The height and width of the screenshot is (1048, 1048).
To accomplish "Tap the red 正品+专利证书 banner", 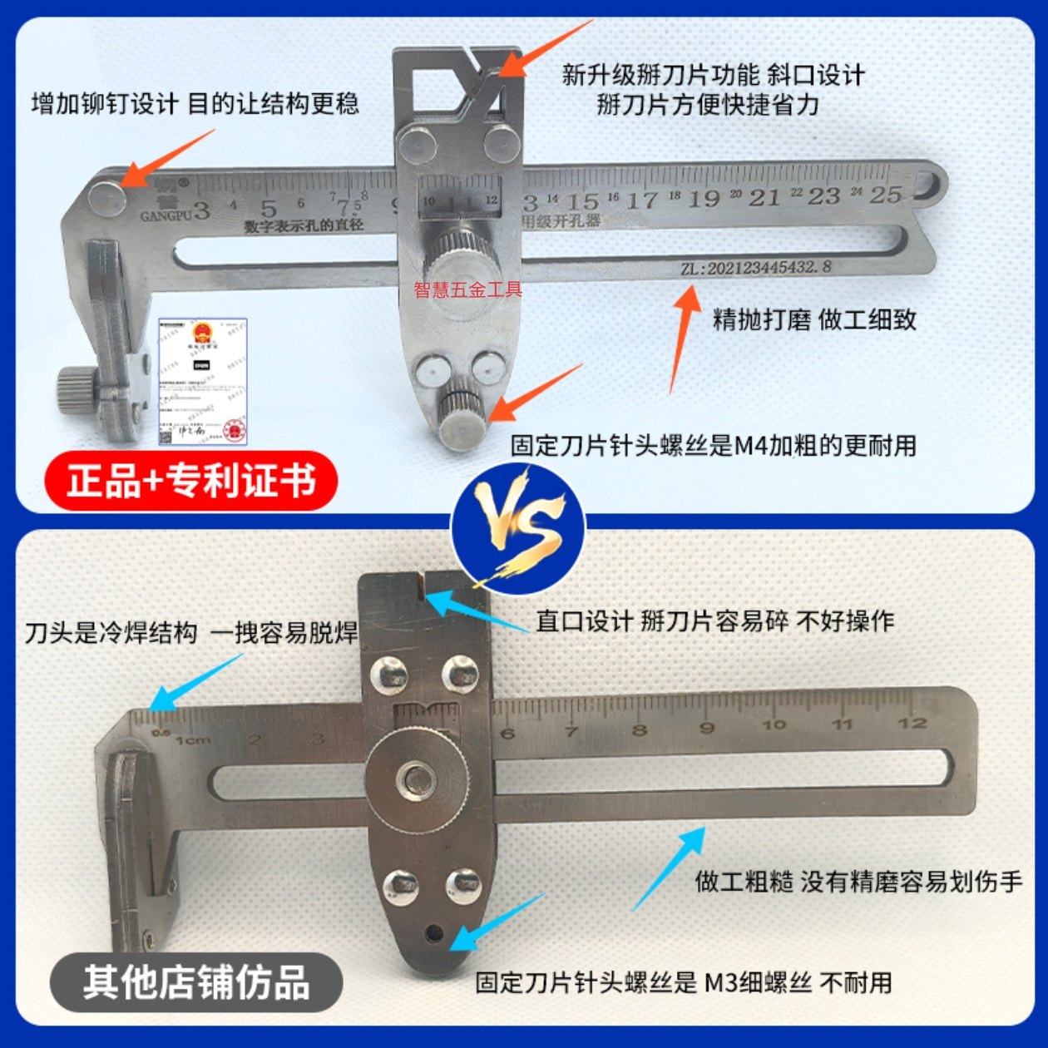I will [x=191, y=482].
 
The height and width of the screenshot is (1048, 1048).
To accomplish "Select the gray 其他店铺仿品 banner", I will [x=196, y=982].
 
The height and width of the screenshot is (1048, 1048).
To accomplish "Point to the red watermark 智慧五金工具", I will [x=468, y=289].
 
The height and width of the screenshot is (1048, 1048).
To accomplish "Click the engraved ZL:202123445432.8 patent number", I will [x=755, y=268].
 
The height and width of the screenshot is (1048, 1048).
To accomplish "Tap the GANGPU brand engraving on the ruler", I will [x=166, y=215].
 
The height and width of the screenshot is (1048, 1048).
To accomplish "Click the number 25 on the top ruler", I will [x=885, y=195].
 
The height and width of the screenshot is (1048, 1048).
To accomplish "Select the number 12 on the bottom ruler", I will [x=912, y=722].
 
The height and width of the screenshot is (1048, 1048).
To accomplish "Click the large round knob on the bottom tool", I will [x=417, y=779].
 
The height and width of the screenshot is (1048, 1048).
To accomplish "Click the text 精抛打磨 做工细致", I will [x=814, y=320].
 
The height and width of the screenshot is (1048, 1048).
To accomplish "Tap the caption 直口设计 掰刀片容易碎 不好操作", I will [x=714, y=620].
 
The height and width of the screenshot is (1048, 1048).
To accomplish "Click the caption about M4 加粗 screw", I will [x=714, y=446].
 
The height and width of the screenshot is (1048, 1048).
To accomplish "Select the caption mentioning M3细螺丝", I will [x=683, y=982].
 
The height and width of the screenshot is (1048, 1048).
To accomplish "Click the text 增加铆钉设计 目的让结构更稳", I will [x=195, y=104].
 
